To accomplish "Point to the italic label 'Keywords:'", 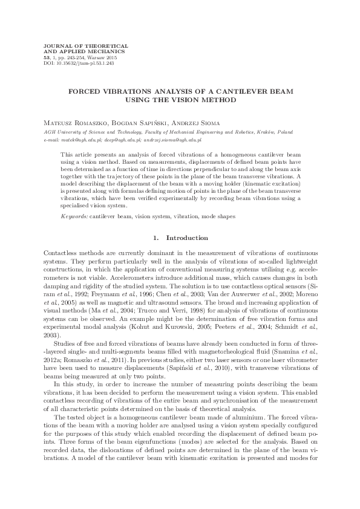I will pos(74,216).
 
